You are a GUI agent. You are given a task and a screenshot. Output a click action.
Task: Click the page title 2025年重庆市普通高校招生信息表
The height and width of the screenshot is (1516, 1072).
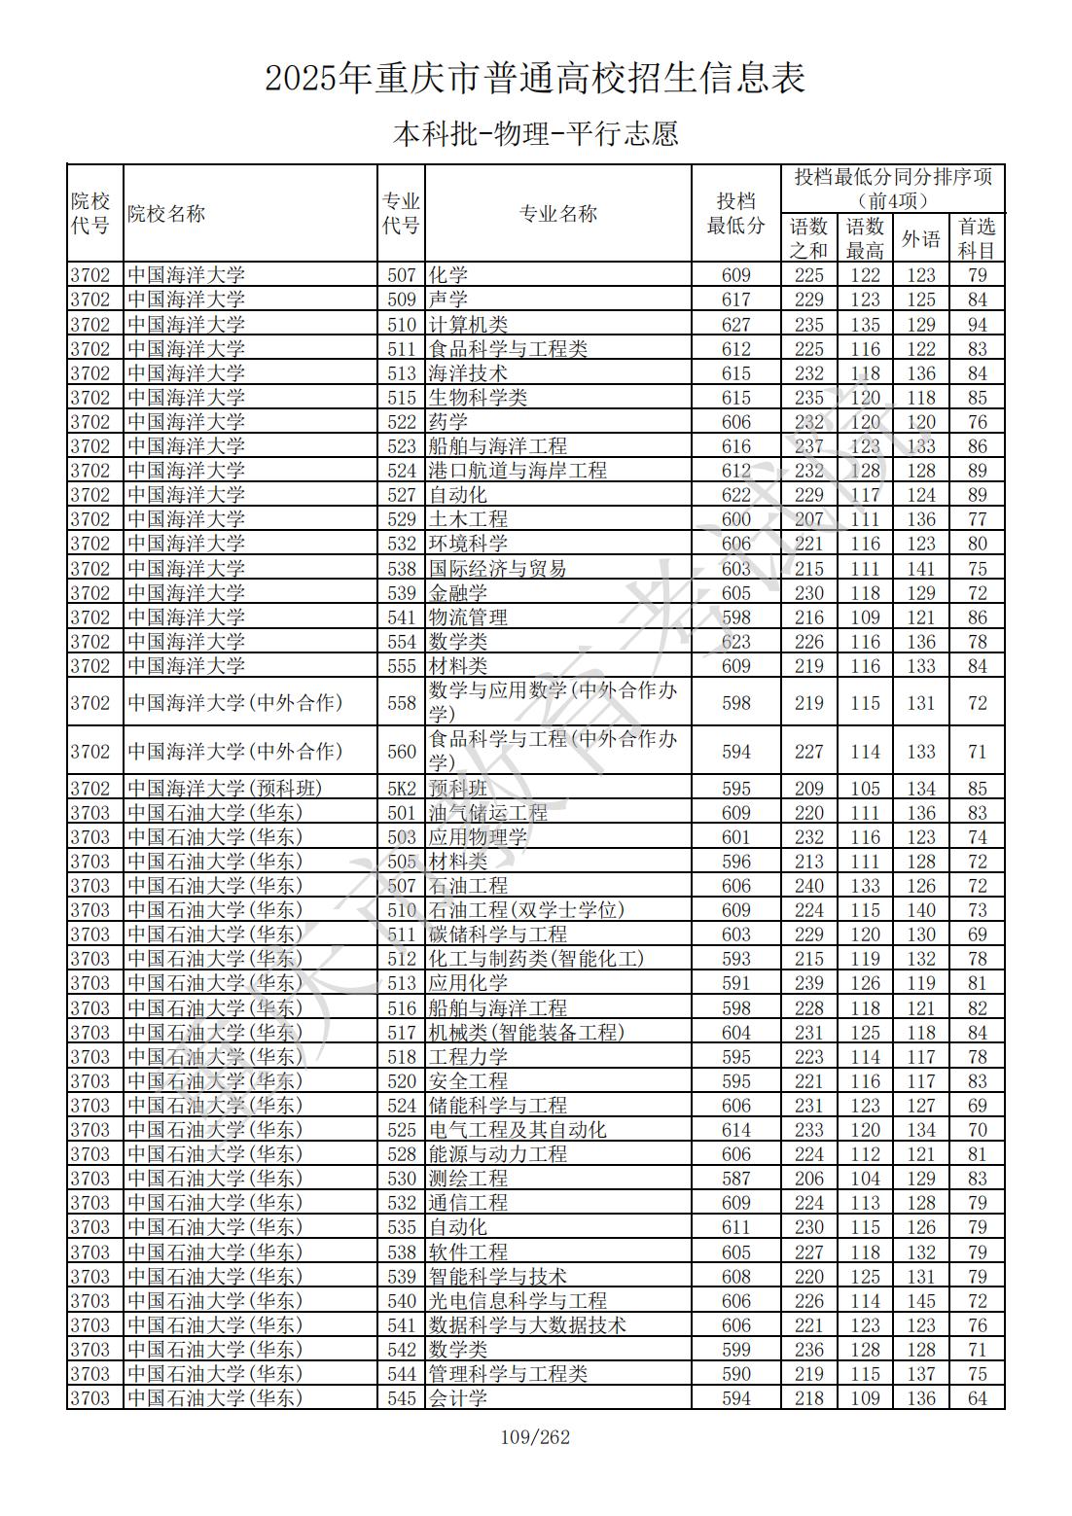535,78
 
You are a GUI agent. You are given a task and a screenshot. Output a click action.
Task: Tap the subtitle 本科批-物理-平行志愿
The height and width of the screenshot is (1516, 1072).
535,133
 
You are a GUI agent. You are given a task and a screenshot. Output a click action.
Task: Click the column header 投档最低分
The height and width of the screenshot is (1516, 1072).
735,213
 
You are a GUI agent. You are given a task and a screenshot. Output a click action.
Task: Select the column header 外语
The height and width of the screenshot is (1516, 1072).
920,238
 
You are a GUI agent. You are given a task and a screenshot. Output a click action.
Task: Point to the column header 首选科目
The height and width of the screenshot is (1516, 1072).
977,238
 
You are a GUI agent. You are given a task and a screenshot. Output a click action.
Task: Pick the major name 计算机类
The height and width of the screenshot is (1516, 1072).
468,325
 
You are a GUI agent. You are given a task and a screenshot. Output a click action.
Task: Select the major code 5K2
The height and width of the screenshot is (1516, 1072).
402,789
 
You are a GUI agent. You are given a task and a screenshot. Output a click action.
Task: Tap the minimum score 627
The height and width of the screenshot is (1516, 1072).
735,325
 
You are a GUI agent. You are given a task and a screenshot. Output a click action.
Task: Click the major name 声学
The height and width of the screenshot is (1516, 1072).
448,300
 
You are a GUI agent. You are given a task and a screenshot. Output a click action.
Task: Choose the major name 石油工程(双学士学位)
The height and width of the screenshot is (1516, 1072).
526,910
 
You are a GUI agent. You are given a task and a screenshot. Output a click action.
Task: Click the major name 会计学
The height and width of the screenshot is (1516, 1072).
458,1398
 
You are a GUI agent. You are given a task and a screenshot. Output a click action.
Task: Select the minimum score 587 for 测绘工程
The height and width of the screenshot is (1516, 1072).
735,1179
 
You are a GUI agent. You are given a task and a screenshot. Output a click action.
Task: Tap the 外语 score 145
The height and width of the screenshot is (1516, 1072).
920,1301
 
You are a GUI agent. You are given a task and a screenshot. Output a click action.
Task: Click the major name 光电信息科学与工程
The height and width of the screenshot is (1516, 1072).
518,1301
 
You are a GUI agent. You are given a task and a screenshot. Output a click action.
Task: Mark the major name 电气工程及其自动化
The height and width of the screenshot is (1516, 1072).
518,1130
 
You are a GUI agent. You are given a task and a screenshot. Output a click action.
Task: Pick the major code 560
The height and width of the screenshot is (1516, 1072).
402,752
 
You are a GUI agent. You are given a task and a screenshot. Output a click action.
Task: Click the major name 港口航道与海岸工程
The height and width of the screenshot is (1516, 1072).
518,471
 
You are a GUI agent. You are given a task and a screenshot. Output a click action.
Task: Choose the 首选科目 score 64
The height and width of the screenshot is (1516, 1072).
977,1398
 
